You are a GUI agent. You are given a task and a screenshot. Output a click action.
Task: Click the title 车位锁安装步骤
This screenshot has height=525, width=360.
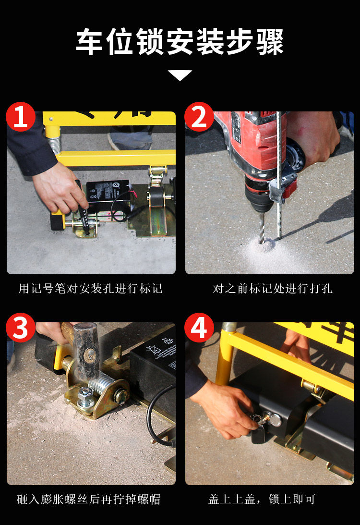point(180,42)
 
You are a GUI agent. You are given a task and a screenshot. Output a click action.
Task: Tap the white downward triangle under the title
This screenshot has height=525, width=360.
point(180,75)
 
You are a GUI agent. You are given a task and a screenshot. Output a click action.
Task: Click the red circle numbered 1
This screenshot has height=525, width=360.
point(21,117)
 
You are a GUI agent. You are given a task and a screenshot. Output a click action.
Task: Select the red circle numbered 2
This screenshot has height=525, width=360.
point(199,117)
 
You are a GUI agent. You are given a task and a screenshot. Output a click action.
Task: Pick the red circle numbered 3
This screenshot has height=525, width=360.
point(21,328)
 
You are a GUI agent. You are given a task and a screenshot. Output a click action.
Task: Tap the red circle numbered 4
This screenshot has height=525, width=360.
point(199,328)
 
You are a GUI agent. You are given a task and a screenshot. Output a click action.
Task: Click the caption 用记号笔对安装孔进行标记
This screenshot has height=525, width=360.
point(90,288)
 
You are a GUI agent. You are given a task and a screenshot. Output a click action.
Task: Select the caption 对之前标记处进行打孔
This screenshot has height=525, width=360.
point(272,288)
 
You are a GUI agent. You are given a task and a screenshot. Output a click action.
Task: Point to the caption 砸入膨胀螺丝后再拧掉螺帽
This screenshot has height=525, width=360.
point(89,499)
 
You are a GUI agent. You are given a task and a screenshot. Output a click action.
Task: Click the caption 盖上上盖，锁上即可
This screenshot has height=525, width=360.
point(262,499)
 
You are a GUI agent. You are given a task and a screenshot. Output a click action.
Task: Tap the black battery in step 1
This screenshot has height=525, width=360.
point(108,196)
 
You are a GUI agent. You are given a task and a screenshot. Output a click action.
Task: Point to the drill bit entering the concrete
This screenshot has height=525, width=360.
point(262,227)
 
